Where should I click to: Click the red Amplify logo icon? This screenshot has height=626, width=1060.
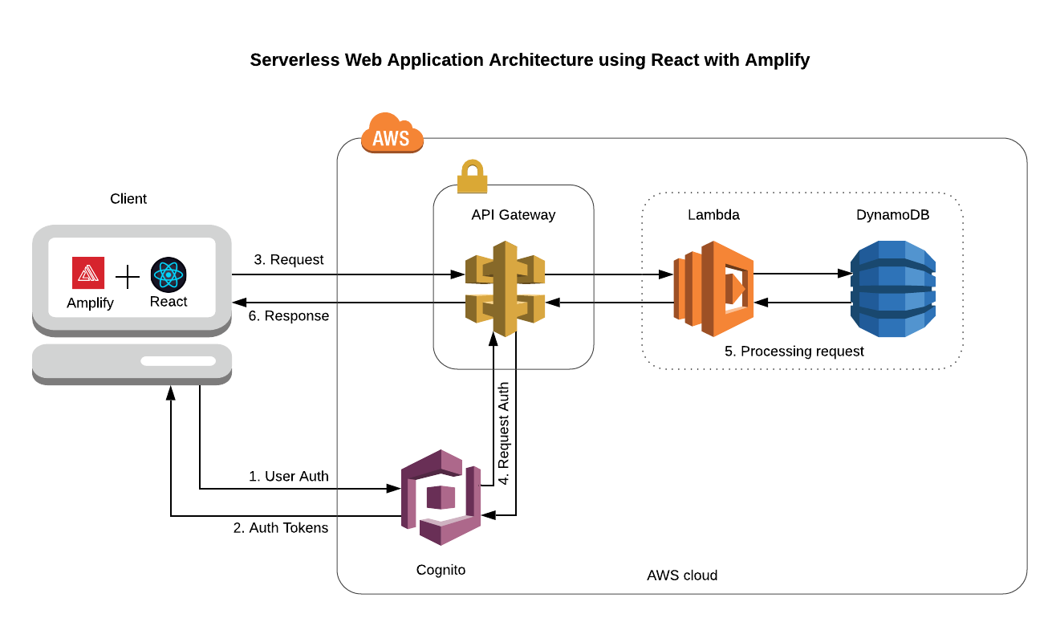coord(88,273)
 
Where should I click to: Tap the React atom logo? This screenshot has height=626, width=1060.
coord(169,274)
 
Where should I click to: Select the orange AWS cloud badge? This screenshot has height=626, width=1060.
coord(392,133)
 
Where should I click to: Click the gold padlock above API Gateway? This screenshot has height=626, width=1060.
coord(473,177)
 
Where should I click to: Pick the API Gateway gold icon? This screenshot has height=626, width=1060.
coord(505,289)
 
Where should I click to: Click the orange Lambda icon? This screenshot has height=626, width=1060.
coord(713,289)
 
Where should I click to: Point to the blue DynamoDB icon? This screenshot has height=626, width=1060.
coord(893,289)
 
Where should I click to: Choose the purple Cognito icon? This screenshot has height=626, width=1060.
coord(441,498)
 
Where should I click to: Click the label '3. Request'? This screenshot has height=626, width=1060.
coord(289,259)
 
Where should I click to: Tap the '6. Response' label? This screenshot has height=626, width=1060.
coord(289,315)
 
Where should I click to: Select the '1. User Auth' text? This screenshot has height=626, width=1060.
coord(289,476)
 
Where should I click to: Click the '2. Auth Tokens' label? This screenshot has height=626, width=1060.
coord(281,527)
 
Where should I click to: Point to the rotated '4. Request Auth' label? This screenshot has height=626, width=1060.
coord(503,433)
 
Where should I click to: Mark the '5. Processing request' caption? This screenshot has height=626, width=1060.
coord(794,351)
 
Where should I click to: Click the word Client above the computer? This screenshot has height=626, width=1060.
coord(128,199)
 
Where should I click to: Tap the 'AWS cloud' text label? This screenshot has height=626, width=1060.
coord(682,575)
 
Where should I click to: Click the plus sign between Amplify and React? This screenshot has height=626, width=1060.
coord(128,276)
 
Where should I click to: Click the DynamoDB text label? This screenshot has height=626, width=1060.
coord(892,215)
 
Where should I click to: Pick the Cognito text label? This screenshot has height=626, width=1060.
coord(441,570)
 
